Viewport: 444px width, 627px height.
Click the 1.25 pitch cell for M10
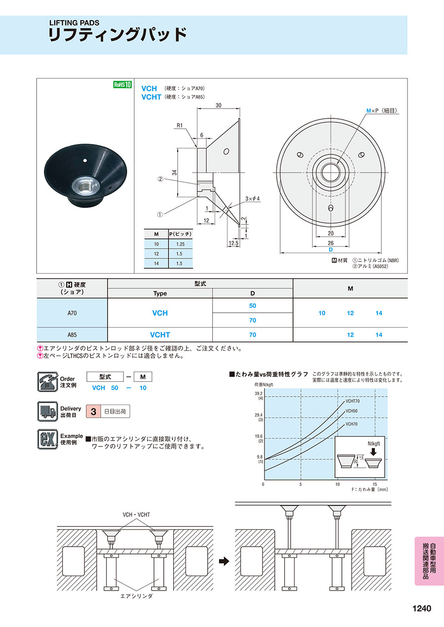176,244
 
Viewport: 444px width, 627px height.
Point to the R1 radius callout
180,125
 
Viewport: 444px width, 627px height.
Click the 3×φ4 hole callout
252,198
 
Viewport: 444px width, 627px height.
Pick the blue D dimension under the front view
331,250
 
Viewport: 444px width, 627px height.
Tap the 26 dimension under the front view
331,243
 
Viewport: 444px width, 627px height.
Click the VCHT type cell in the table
160,335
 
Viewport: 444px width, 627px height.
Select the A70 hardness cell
72,313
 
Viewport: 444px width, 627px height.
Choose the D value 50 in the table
253,306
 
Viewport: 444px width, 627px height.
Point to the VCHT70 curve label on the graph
352,401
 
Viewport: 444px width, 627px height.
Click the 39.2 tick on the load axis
259,394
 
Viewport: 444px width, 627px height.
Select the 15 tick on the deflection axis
375,484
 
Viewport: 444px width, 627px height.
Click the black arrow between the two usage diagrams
224,561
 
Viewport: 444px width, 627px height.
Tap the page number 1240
421,608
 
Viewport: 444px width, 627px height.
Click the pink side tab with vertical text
429,560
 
